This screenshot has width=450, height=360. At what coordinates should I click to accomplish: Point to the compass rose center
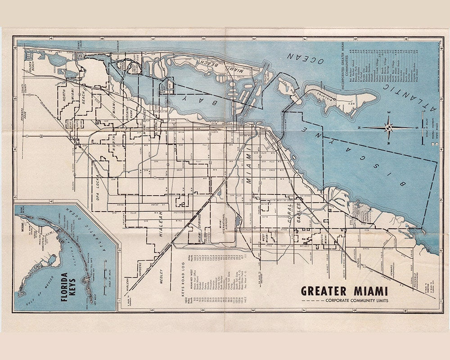point(387,127)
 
